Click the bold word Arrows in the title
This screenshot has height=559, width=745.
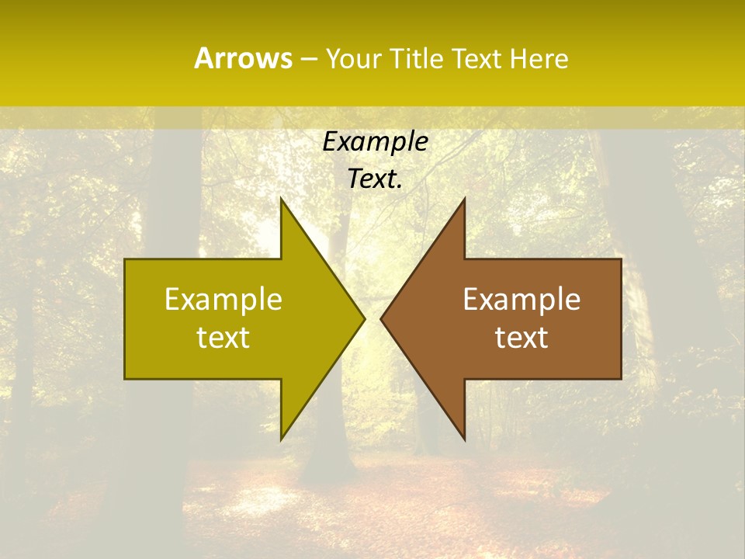[243, 58]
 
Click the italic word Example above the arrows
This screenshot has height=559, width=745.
[376, 141]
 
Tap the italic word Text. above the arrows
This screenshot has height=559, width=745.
[376, 179]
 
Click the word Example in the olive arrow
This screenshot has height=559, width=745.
[223, 299]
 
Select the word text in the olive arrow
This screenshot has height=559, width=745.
[223, 337]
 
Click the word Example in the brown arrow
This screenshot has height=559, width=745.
[521, 299]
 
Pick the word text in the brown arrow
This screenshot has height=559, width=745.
[521, 337]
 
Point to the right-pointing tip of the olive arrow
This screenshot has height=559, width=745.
[365, 318]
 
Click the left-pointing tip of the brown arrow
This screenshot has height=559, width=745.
[380, 318]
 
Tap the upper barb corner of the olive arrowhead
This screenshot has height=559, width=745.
[281, 198]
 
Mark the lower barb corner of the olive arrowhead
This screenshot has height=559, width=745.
[281, 439]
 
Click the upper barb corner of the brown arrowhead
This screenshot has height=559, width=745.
[464, 198]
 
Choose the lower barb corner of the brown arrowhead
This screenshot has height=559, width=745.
[464, 439]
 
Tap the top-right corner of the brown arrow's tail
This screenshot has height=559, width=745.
[621, 259]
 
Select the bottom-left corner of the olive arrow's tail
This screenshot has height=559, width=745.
[125, 379]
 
